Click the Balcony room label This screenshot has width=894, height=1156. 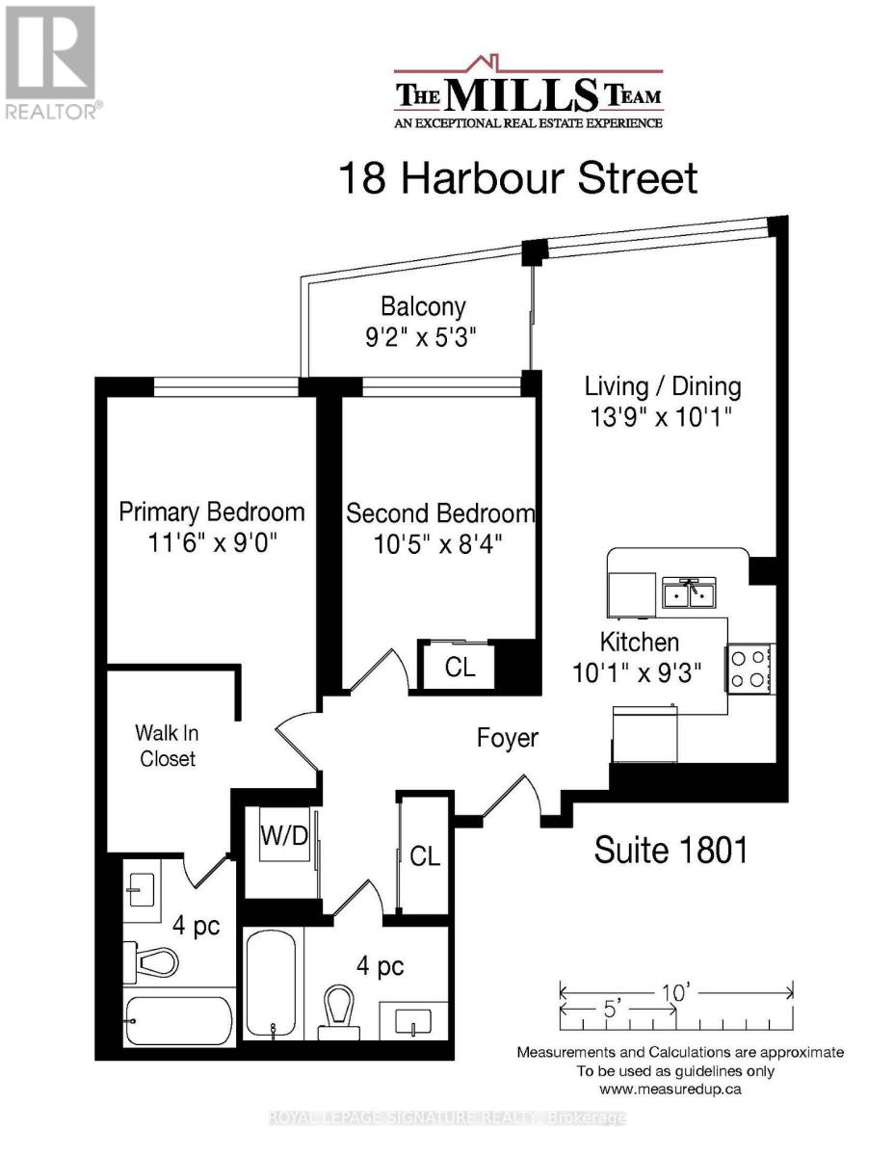pyautogui.click(x=423, y=306)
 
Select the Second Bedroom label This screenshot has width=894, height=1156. pyautogui.click(x=440, y=512)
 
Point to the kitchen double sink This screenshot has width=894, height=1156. pyautogui.click(x=690, y=594)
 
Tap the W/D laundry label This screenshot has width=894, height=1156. pyautogui.click(x=284, y=836)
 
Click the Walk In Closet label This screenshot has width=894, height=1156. pyautogui.click(x=168, y=746)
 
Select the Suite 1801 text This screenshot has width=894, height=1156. pyautogui.click(x=670, y=851)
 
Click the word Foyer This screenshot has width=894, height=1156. pyautogui.click(x=508, y=739)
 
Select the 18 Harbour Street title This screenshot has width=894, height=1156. pyautogui.click(x=516, y=178)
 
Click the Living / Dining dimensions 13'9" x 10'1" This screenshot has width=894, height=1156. pyautogui.click(x=663, y=419)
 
